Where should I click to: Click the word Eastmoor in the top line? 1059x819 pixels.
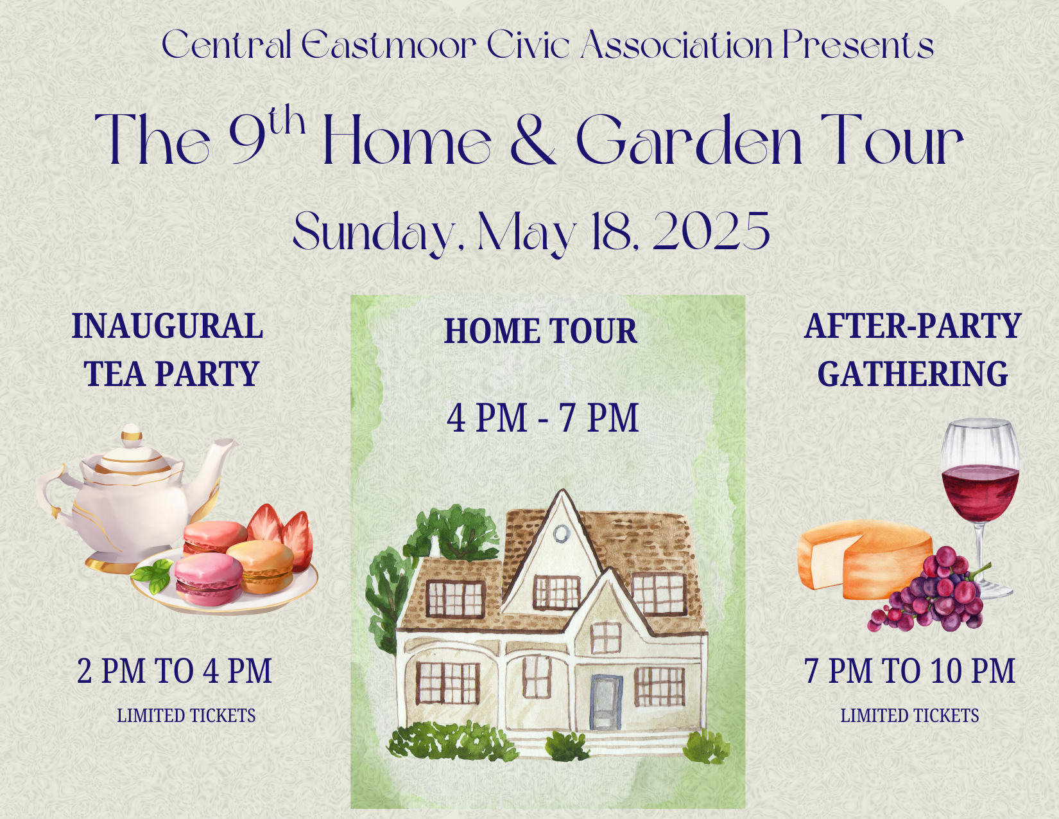tap(388, 45)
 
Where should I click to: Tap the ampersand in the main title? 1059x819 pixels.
tap(533, 139)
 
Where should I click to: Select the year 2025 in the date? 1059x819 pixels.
tap(711, 231)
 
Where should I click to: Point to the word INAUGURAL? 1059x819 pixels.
tap(167, 326)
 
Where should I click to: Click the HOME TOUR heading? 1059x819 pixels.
tap(540, 331)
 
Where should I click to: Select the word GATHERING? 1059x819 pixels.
tap(912, 374)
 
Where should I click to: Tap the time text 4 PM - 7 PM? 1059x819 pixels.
tap(542, 418)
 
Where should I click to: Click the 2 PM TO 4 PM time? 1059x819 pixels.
tap(174, 671)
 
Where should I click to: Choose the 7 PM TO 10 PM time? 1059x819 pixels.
tap(909, 671)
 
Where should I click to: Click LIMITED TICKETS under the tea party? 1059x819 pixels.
tap(186, 716)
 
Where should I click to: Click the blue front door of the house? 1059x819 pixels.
tap(607, 703)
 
